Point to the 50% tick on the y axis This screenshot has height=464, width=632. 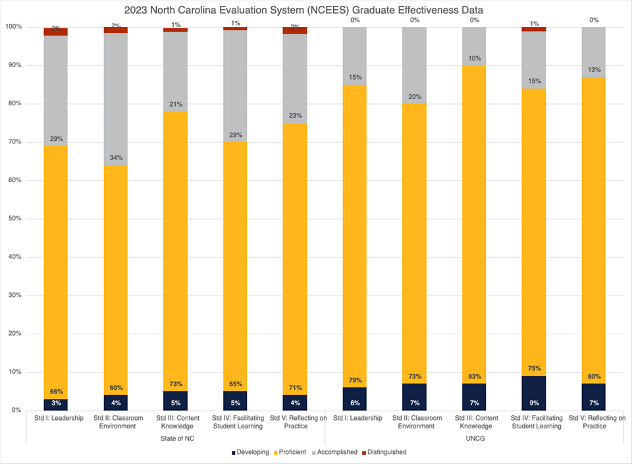pyautogui.click(x=13, y=219)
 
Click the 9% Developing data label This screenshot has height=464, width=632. pyautogui.click(x=533, y=402)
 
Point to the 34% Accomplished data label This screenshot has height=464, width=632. pyautogui.click(x=116, y=157)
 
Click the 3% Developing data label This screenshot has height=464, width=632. pyautogui.click(x=56, y=402)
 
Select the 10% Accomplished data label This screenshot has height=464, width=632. pyautogui.click(x=474, y=59)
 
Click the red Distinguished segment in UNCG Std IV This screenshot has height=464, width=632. pyautogui.click(x=533, y=29)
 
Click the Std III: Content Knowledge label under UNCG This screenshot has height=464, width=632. pyautogui.click(x=474, y=422)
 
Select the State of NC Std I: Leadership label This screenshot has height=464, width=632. pyautogui.click(x=56, y=418)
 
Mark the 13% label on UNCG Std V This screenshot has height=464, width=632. pyautogui.click(x=593, y=70)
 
